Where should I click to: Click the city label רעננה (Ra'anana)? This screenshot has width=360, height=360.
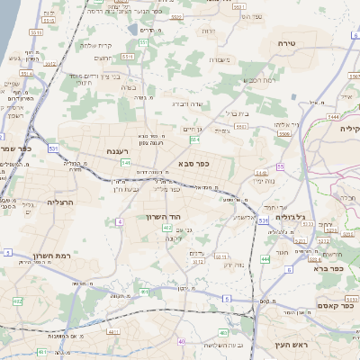click(x=118, y=151)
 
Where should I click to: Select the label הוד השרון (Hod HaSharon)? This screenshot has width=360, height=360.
click(x=163, y=217)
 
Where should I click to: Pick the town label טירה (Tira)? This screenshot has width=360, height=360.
click(x=286, y=42)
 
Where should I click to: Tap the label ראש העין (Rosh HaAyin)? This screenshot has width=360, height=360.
click(x=290, y=345)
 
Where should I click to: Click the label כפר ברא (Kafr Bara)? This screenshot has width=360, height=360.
click(x=326, y=268)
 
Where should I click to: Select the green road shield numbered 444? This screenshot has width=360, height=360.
click(x=265, y=259)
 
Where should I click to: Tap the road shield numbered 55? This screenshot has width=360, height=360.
click(x=281, y=166)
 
